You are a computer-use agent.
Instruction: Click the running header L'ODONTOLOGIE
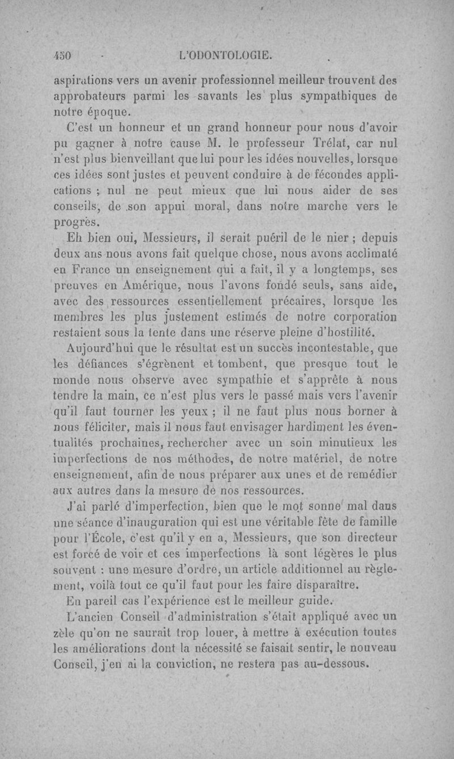point(225,56)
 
